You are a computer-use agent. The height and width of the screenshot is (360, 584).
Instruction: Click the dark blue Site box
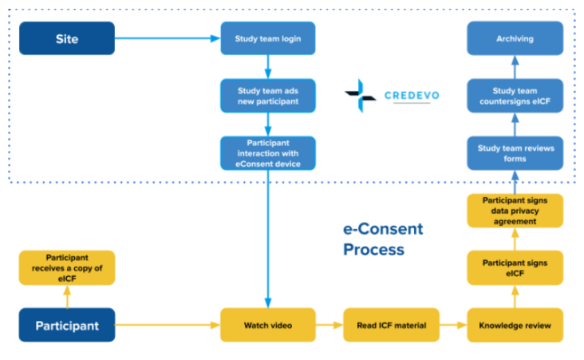click(x=67, y=38)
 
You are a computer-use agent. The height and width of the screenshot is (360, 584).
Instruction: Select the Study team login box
click(x=268, y=38)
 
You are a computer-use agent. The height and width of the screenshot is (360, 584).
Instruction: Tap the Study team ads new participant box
click(x=268, y=96)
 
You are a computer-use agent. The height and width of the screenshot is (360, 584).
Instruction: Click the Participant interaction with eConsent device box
click(x=268, y=152)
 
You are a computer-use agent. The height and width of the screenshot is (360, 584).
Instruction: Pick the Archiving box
click(x=515, y=38)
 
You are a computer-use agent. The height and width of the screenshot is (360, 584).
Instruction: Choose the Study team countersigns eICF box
click(x=515, y=96)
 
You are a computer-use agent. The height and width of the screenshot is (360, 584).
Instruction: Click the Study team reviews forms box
click(x=515, y=152)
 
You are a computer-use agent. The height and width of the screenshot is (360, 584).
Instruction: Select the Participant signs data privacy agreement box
click(x=515, y=210)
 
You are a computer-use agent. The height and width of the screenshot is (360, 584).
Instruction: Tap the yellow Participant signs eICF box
click(x=515, y=267)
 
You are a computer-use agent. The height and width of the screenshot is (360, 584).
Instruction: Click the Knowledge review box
click(x=515, y=325)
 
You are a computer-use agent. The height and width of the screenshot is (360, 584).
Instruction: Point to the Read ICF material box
click(x=391, y=325)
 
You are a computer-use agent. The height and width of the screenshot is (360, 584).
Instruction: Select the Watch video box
click(x=268, y=325)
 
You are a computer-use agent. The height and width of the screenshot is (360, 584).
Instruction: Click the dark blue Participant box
click(x=67, y=325)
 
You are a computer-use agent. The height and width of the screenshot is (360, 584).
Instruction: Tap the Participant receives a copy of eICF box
click(x=67, y=267)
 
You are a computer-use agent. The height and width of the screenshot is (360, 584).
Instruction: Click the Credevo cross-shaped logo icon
click(x=360, y=96)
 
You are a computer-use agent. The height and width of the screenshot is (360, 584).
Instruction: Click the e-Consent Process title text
click(x=383, y=239)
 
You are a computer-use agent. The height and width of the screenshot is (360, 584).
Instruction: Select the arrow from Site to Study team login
click(x=168, y=38)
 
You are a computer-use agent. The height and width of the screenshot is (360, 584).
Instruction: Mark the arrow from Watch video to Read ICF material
click(x=329, y=325)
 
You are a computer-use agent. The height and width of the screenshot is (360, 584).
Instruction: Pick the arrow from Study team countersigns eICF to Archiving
click(x=515, y=67)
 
